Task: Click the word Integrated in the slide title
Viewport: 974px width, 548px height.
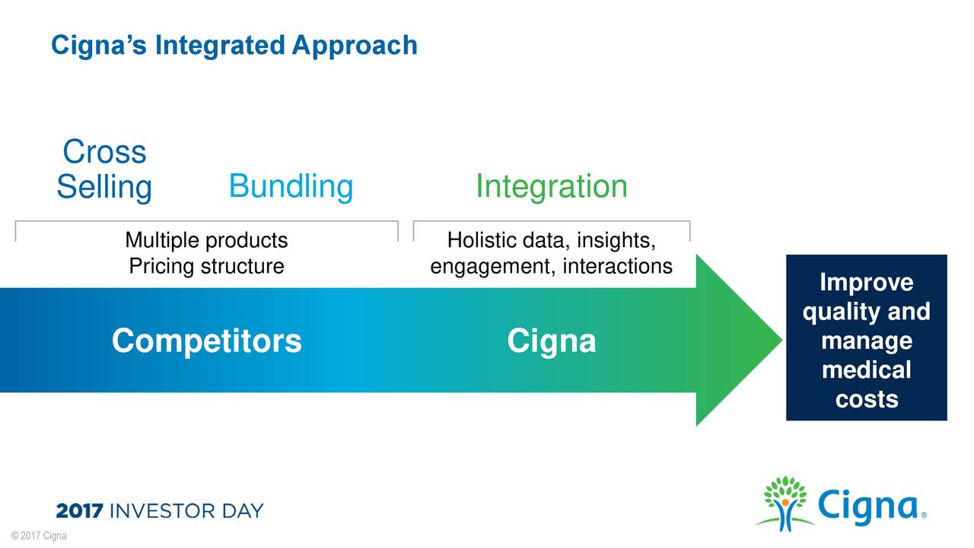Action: tap(220, 46)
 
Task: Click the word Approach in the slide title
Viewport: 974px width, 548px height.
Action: tap(355, 46)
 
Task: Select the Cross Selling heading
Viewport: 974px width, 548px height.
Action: tap(104, 169)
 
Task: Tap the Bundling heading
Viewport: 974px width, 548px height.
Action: tap(291, 186)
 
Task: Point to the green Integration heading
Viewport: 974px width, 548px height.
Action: tap(551, 186)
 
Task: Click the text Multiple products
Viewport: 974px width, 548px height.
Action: tap(206, 241)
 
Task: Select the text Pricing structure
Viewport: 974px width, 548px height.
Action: tap(206, 267)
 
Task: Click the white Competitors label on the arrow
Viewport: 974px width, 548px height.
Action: tap(206, 341)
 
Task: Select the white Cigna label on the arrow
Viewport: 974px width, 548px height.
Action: tap(551, 341)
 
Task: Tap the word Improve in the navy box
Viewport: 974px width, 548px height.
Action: tap(866, 283)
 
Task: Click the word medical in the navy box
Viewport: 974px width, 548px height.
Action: tap(866, 370)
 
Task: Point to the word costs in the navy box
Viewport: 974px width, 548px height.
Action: tap(866, 399)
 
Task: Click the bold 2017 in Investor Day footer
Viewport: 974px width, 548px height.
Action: tap(80, 511)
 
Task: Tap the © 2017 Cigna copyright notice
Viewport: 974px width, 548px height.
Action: tap(33, 537)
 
